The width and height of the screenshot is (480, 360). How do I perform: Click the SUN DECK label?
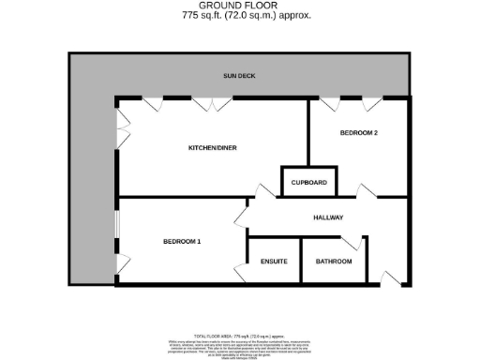click(x=239, y=75)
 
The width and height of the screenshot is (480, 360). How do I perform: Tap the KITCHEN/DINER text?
click(x=213, y=148)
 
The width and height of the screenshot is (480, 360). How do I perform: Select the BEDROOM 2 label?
click(x=358, y=133)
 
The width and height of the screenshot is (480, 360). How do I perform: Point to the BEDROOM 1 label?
click(x=182, y=241)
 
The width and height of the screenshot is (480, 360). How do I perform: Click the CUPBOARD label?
click(x=308, y=182)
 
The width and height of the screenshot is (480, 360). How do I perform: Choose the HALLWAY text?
click(x=328, y=217)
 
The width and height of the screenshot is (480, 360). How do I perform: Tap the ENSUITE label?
click(x=274, y=261)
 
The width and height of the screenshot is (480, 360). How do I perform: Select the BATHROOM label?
click(x=333, y=261)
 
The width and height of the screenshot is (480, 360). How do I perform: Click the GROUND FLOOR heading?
click(x=239, y=6)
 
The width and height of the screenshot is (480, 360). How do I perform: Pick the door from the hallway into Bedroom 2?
click(x=365, y=193)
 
